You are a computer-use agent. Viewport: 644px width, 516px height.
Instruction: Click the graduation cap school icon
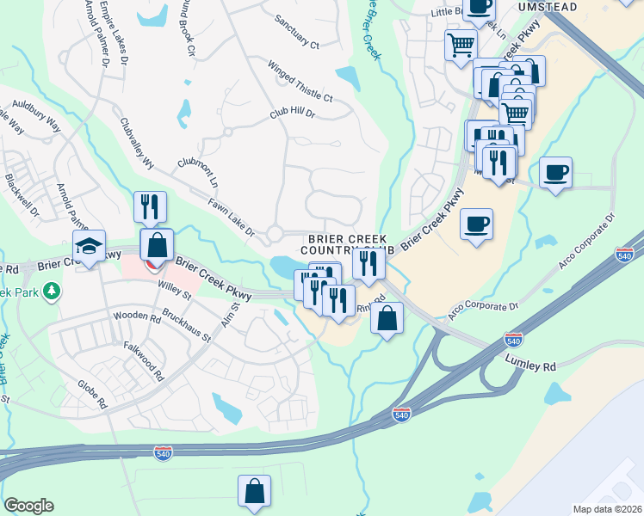[x=89, y=247]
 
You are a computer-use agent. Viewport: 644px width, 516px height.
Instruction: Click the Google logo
[x=28, y=506]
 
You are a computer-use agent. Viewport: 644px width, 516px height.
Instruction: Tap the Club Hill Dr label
[x=293, y=113]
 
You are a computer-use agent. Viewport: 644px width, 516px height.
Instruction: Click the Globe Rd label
[x=92, y=390]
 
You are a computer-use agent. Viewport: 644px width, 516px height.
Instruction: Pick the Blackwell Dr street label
[x=22, y=196]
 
